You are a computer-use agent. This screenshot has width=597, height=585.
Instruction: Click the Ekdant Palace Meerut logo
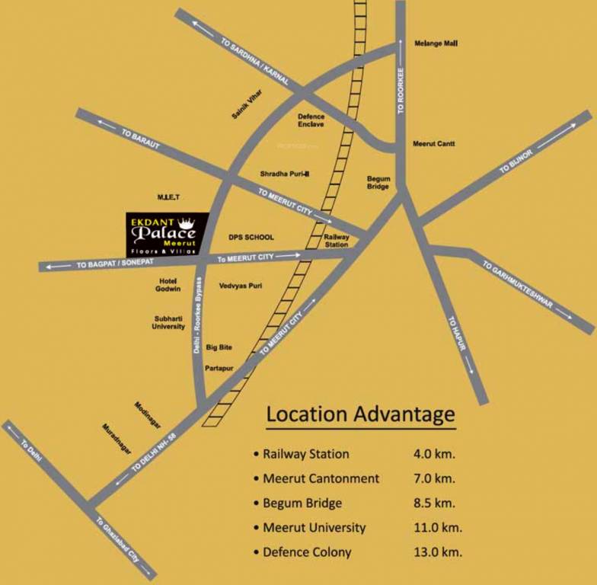pyautogui.click(x=167, y=234)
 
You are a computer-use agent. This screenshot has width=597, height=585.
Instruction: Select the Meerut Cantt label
pyautogui.click(x=433, y=143)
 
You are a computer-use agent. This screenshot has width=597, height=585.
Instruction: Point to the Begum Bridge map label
pyautogui.click(x=378, y=183)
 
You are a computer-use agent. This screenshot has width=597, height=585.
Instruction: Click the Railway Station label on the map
pyautogui.click(x=337, y=241)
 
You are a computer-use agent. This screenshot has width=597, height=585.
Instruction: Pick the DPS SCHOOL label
pyautogui.click(x=251, y=238)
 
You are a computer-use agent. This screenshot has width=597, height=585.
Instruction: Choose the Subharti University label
pyautogui.click(x=170, y=322)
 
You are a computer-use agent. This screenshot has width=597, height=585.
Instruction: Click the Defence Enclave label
pyautogui.click(x=311, y=120)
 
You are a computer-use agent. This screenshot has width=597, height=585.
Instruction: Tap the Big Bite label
pyautogui.click(x=219, y=347)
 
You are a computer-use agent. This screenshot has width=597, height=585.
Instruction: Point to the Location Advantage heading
pyautogui.click(x=360, y=415)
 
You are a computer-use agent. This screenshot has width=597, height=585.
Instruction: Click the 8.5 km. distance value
pyautogui.click(x=433, y=503)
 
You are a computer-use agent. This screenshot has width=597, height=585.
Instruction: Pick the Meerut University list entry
pyautogui.click(x=314, y=527)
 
